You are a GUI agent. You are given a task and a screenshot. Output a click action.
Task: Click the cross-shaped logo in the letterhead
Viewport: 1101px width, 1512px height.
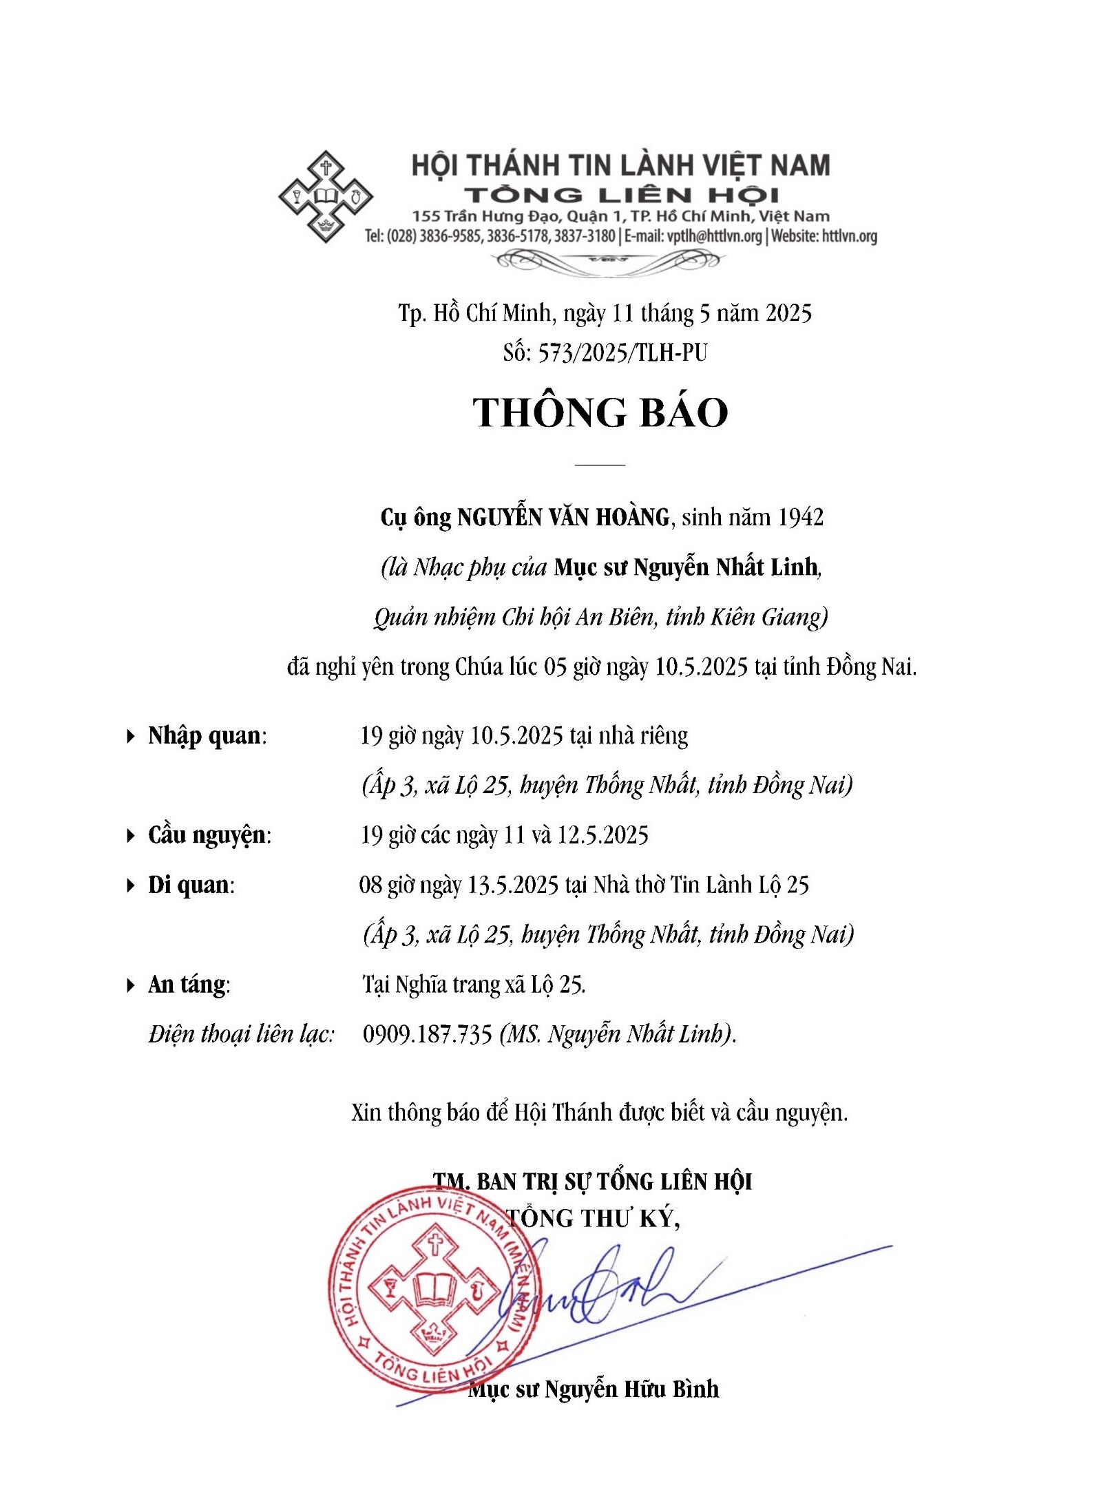click(325, 196)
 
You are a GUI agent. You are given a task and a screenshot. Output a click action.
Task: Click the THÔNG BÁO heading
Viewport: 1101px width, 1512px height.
click(600, 412)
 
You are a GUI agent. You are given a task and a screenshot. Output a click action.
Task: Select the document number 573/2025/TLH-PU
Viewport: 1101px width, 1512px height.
click(622, 353)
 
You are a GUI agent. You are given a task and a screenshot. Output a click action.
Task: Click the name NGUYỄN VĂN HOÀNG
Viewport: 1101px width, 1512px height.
click(563, 517)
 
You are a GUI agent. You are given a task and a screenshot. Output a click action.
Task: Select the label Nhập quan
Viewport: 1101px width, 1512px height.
click(205, 735)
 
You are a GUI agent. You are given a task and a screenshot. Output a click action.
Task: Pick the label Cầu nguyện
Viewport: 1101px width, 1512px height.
click(207, 834)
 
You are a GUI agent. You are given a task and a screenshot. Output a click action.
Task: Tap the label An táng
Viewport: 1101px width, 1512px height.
click(187, 985)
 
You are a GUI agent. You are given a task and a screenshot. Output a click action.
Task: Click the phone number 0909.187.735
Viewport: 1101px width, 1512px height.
click(427, 1034)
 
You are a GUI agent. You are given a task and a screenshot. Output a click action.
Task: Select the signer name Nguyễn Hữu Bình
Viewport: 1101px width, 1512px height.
click(631, 1389)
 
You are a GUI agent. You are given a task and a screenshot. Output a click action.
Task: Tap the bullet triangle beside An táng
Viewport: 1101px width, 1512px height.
click(130, 985)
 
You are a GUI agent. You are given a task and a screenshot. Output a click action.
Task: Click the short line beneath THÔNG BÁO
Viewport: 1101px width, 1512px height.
click(599, 465)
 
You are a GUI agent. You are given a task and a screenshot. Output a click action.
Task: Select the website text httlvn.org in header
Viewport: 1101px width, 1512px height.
click(849, 236)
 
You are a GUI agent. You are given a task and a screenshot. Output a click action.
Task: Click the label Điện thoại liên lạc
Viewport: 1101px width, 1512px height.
click(241, 1034)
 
